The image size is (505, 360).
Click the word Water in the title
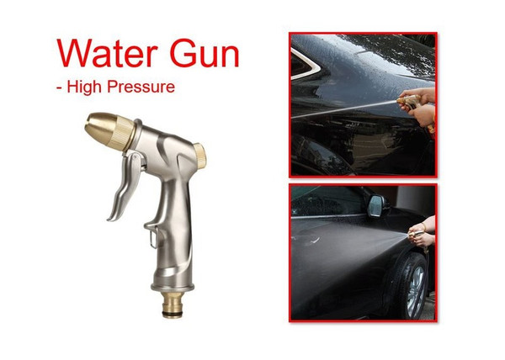[x=115, y=54]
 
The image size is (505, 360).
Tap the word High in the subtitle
[x=93, y=87]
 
